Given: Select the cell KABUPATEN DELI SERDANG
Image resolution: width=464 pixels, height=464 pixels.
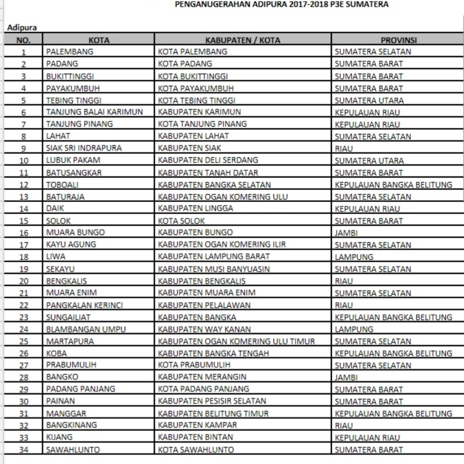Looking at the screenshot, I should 205,160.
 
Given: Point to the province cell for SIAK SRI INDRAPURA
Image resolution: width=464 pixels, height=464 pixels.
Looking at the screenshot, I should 343,149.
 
